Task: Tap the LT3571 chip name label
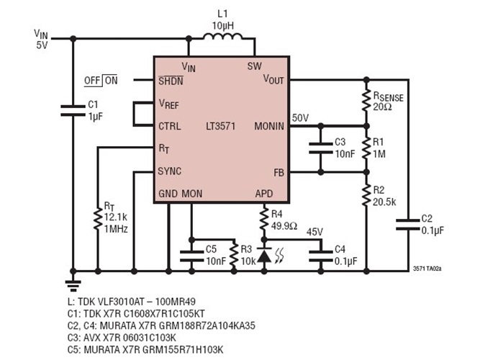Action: [x=219, y=126]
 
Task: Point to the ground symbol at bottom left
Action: [x=72, y=282]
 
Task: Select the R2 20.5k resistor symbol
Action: [x=365, y=194]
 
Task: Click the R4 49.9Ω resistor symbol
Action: [x=264, y=219]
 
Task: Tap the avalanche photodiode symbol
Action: [x=264, y=256]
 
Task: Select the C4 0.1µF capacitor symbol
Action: [x=319, y=253]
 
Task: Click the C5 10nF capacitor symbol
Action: [x=191, y=253]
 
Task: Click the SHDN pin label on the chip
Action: [x=171, y=81]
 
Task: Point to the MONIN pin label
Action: [x=269, y=127]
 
